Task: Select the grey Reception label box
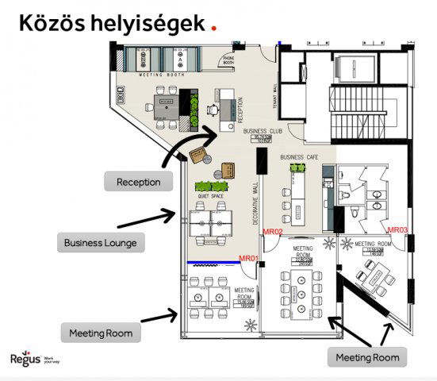pyautogui.click(x=138, y=182)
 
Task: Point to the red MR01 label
pyautogui.click(x=249, y=259)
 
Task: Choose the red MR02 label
pyautogui.click(x=274, y=231)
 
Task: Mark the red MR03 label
pyautogui.click(x=397, y=229)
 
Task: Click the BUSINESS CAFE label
pyautogui.click(x=299, y=157)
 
